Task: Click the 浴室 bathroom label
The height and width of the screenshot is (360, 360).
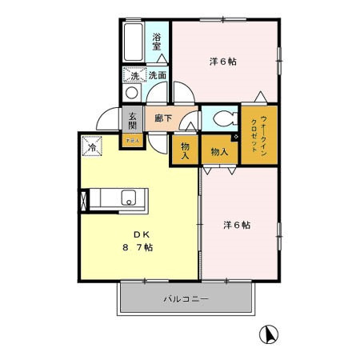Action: [x=157, y=41]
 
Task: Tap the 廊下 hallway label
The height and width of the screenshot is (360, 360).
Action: [x=164, y=118]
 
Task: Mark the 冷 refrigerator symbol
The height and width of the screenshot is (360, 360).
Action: [x=93, y=147]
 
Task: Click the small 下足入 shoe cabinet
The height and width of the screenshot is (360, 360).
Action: [x=132, y=142]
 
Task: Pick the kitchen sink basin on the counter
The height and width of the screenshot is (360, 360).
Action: [x=128, y=198]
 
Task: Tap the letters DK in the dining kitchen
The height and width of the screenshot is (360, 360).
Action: [x=142, y=234]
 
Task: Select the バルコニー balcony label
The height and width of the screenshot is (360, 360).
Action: [x=186, y=300]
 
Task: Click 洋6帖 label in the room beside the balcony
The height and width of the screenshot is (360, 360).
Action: [x=236, y=226]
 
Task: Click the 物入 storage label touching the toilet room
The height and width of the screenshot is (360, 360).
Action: [x=219, y=151]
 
